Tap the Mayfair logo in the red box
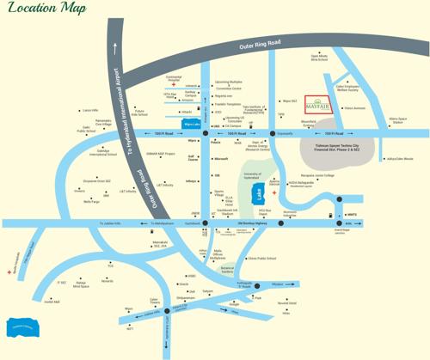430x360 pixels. pos(318,105)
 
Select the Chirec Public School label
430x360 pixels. pos(261,257)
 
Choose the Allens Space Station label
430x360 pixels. pos(396,121)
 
